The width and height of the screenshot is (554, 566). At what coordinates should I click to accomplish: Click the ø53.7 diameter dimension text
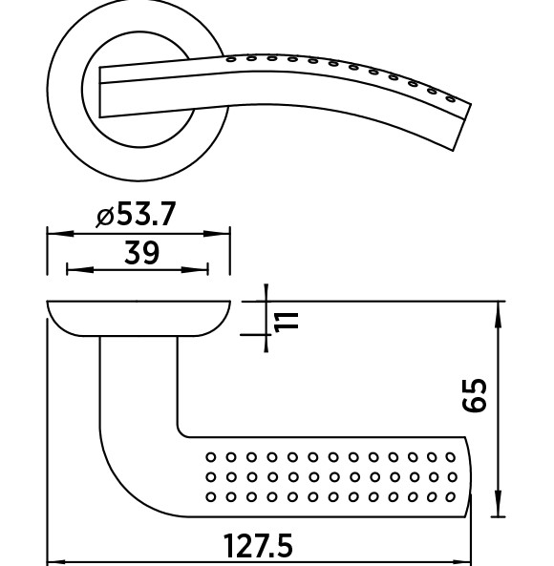click(137, 214)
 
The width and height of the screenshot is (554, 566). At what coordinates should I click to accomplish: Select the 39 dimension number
click(141, 252)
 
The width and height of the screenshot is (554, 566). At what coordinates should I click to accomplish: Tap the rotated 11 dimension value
click(287, 322)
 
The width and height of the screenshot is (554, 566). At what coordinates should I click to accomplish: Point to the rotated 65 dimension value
click(475, 394)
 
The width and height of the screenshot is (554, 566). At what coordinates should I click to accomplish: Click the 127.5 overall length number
click(258, 546)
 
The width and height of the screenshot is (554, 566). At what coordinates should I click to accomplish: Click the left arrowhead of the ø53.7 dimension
click(61, 234)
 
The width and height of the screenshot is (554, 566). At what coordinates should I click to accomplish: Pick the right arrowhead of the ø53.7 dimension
click(217, 234)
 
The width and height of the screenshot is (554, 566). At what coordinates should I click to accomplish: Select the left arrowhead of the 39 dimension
click(80, 270)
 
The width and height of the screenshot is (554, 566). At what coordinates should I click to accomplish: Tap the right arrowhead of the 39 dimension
click(195, 270)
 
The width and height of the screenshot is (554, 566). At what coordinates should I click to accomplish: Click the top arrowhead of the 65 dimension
click(498, 314)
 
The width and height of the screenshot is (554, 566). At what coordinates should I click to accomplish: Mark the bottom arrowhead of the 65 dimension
click(498, 504)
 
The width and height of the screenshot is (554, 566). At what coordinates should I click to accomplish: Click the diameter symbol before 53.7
click(105, 217)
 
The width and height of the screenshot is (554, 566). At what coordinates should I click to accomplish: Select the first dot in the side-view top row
click(211, 457)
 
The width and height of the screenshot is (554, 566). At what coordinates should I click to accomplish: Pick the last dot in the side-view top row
click(450, 457)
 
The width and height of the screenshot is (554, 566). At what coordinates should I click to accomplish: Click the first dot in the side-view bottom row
click(211, 497)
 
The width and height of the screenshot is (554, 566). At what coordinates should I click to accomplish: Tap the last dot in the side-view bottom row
click(450, 497)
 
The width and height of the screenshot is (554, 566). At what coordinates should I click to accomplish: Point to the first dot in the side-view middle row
click(211, 477)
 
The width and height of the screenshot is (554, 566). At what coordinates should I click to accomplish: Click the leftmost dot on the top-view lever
click(231, 59)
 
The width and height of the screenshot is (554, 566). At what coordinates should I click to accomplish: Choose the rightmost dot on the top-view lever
click(450, 98)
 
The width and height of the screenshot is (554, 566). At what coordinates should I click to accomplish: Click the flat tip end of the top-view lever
click(462, 127)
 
